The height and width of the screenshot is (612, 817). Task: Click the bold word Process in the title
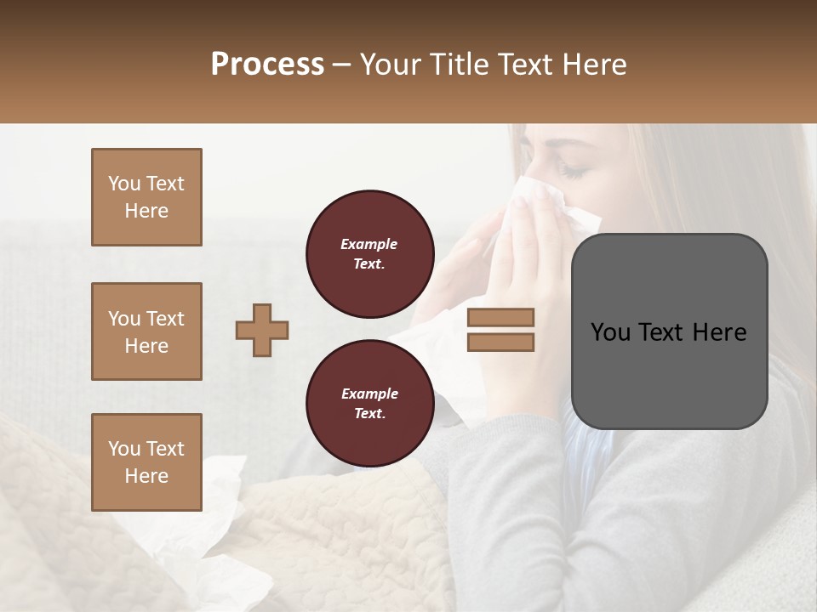(x=267, y=65)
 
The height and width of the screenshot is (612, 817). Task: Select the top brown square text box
(x=146, y=197)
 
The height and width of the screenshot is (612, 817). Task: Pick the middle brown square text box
(x=146, y=331)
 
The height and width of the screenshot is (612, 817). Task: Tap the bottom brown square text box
(x=146, y=462)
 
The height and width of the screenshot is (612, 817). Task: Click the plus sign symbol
(x=262, y=330)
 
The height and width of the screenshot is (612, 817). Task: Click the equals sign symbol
(x=500, y=330)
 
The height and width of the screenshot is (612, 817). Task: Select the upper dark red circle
(x=369, y=254)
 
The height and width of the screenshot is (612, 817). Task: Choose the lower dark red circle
(x=369, y=404)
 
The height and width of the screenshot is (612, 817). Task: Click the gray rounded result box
(x=669, y=331)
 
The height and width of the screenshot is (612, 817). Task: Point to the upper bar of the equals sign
(x=500, y=317)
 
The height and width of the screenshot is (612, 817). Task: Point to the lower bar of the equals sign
(x=500, y=343)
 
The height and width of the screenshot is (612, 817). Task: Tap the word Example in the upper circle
(x=369, y=244)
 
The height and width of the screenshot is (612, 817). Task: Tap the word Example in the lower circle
(x=369, y=394)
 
